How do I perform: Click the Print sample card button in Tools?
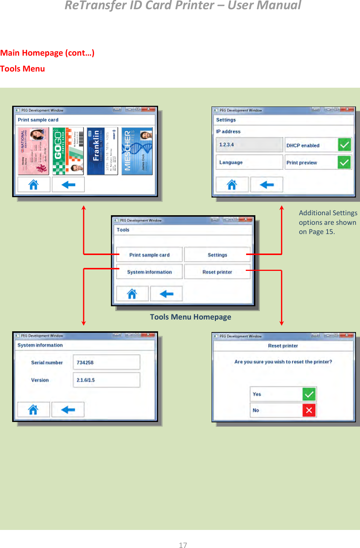coord(149,255)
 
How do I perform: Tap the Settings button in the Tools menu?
coord(217,255)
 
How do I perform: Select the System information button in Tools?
coord(149,272)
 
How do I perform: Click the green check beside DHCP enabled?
coord(345,145)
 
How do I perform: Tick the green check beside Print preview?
coord(345,162)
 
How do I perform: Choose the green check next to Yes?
coord(309,394)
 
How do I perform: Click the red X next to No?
coord(309,410)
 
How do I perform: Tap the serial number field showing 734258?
coord(106,362)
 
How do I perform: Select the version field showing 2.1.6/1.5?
coord(106,380)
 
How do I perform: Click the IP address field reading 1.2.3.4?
coord(249,144)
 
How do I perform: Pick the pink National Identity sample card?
coord(34,151)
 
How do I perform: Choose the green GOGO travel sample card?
coord(68,151)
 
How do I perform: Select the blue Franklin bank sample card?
coord(102,151)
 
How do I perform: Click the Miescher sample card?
coord(137,151)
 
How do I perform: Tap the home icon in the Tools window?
coord(132,294)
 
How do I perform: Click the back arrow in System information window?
coord(68,409)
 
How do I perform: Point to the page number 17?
coord(183,545)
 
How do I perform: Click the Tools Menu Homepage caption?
coord(191,317)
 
